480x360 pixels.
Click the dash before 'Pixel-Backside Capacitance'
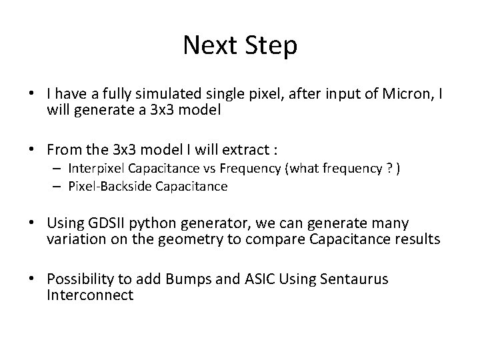coord(58,187)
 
